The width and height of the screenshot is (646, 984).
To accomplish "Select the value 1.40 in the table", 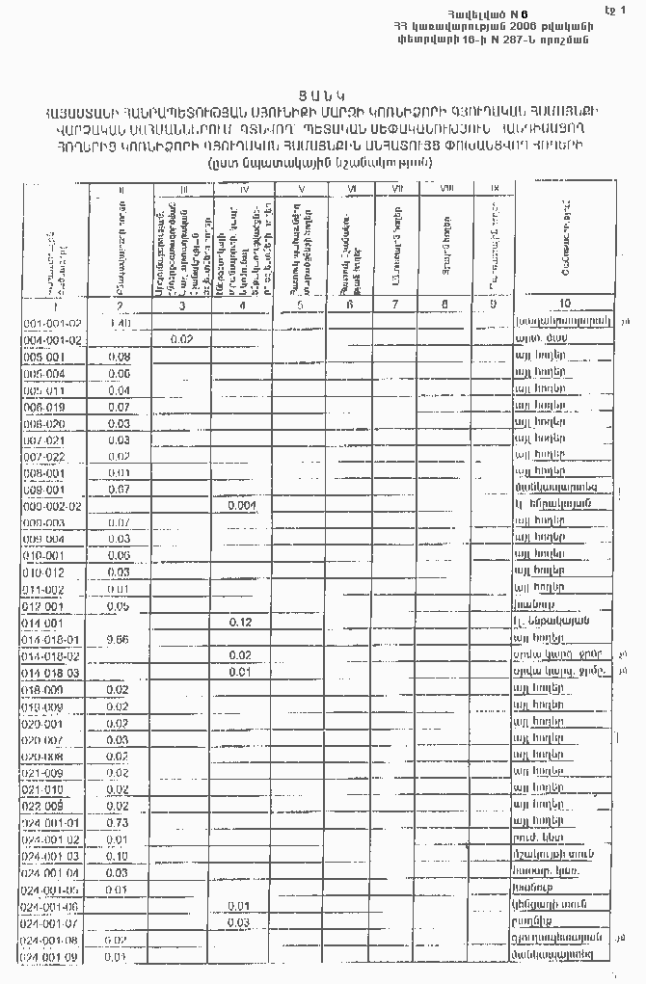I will click(x=120, y=323).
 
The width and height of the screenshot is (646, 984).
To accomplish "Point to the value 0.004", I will click(x=241, y=505).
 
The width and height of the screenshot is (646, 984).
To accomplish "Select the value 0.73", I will click(x=119, y=822).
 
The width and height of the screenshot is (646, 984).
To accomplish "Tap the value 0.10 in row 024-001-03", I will click(x=119, y=856).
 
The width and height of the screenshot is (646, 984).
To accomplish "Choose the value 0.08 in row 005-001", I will click(x=120, y=357).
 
